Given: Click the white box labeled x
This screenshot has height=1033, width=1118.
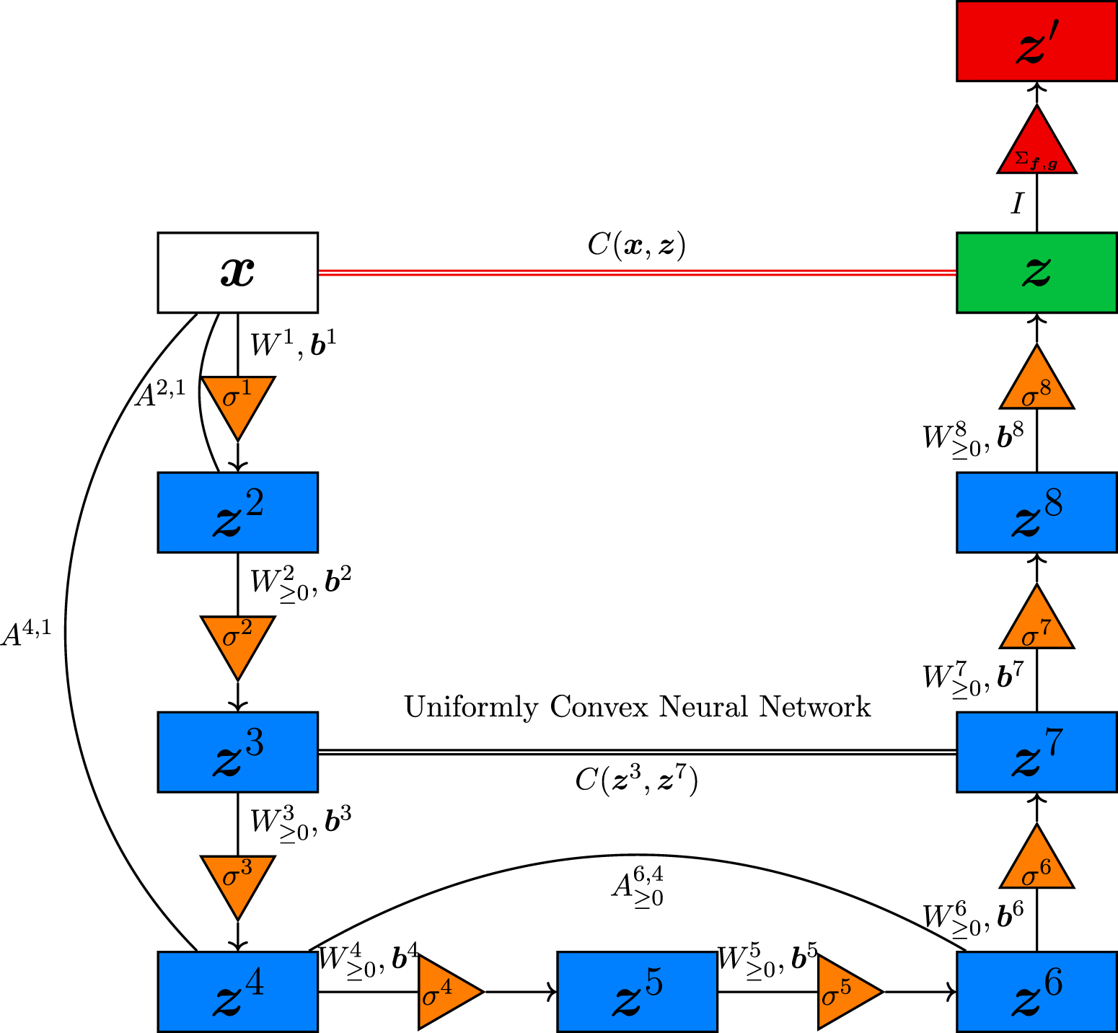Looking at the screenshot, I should click(x=238, y=273).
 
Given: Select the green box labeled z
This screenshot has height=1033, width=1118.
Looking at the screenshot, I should click(x=1036, y=273).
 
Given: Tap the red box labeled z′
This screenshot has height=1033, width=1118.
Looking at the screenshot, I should click(x=1036, y=41).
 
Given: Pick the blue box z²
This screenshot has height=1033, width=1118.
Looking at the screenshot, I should click(x=238, y=512).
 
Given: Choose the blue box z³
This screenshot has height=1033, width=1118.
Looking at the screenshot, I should click(x=238, y=752).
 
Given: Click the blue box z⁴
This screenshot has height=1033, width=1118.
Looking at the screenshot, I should click(x=238, y=991).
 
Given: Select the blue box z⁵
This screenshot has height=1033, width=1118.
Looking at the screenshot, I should click(x=637, y=991).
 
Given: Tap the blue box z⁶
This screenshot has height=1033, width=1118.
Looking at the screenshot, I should click(x=1036, y=991).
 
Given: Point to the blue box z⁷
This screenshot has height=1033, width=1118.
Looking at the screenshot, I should click(x=1036, y=752).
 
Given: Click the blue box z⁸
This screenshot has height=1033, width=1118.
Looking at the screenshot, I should click(x=1036, y=512).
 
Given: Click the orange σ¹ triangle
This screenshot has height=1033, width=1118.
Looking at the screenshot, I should click(x=238, y=400).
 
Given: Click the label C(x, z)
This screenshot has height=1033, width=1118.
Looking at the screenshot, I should click(x=636, y=245).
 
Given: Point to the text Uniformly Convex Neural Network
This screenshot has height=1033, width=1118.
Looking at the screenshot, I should click(x=637, y=707).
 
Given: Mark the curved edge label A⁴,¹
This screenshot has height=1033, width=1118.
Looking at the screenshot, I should click(x=27, y=633).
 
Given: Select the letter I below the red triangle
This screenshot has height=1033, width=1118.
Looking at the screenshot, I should click(x=1017, y=204).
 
